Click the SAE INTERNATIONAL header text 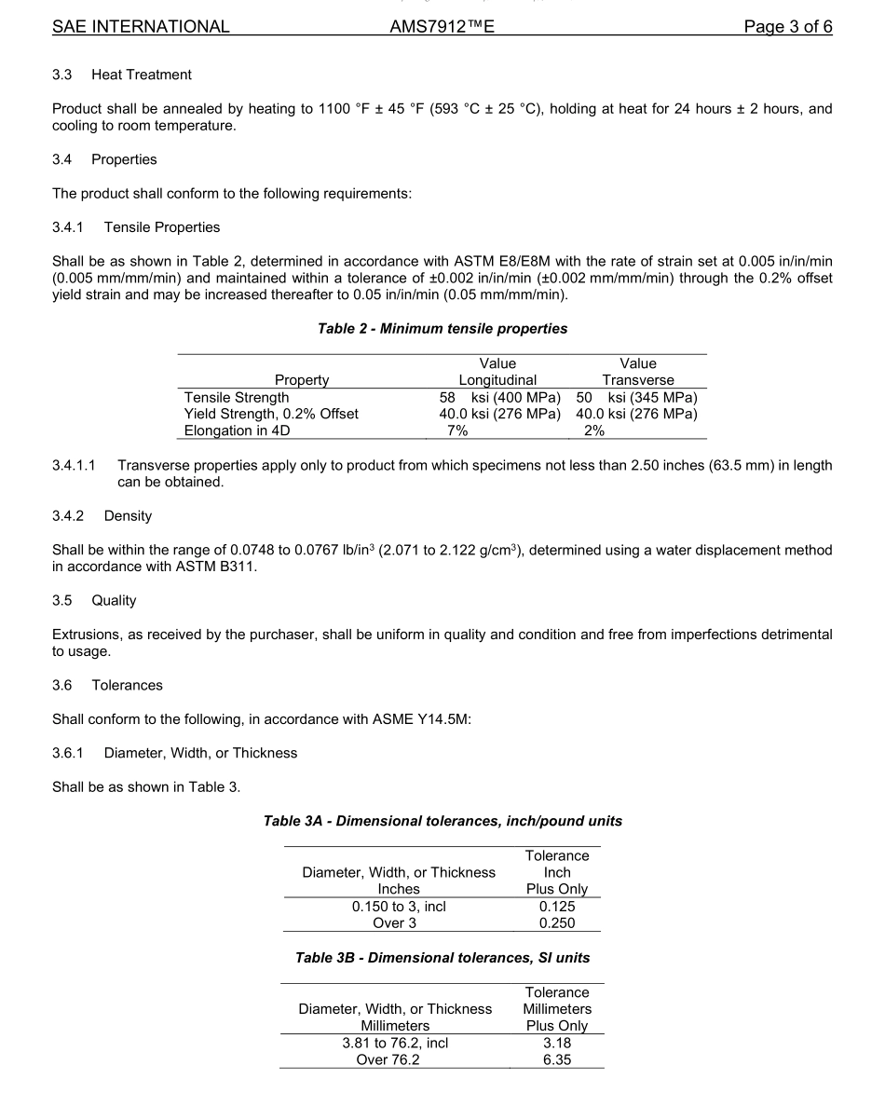pyautogui.click(x=141, y=27)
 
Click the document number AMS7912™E pyautogui.click(x=442, y=27)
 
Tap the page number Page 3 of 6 pyautogui.click(x=787, y=27)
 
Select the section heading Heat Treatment pyautogui.click(x=142, y=75)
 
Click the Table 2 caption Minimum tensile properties pyautogui.click(x=442, y=329)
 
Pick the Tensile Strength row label pyautogui.click(x=237, y=397)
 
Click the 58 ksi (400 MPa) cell pyautogui.click(x=498, y=397)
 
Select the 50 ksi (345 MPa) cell pyautogui.click(x=637, y=397)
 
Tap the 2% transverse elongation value pyautogui.click(x=593, y=430)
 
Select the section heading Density pyautogui.click(x=128, y=516)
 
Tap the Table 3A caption pyautogui.click(x=442, y=821)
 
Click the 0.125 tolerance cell pyautogui.click(x=557, y=907)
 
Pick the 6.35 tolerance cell pyautogui.click(x=557, y=1060)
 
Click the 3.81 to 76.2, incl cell pyautogui.click(x=395, y=1044)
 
